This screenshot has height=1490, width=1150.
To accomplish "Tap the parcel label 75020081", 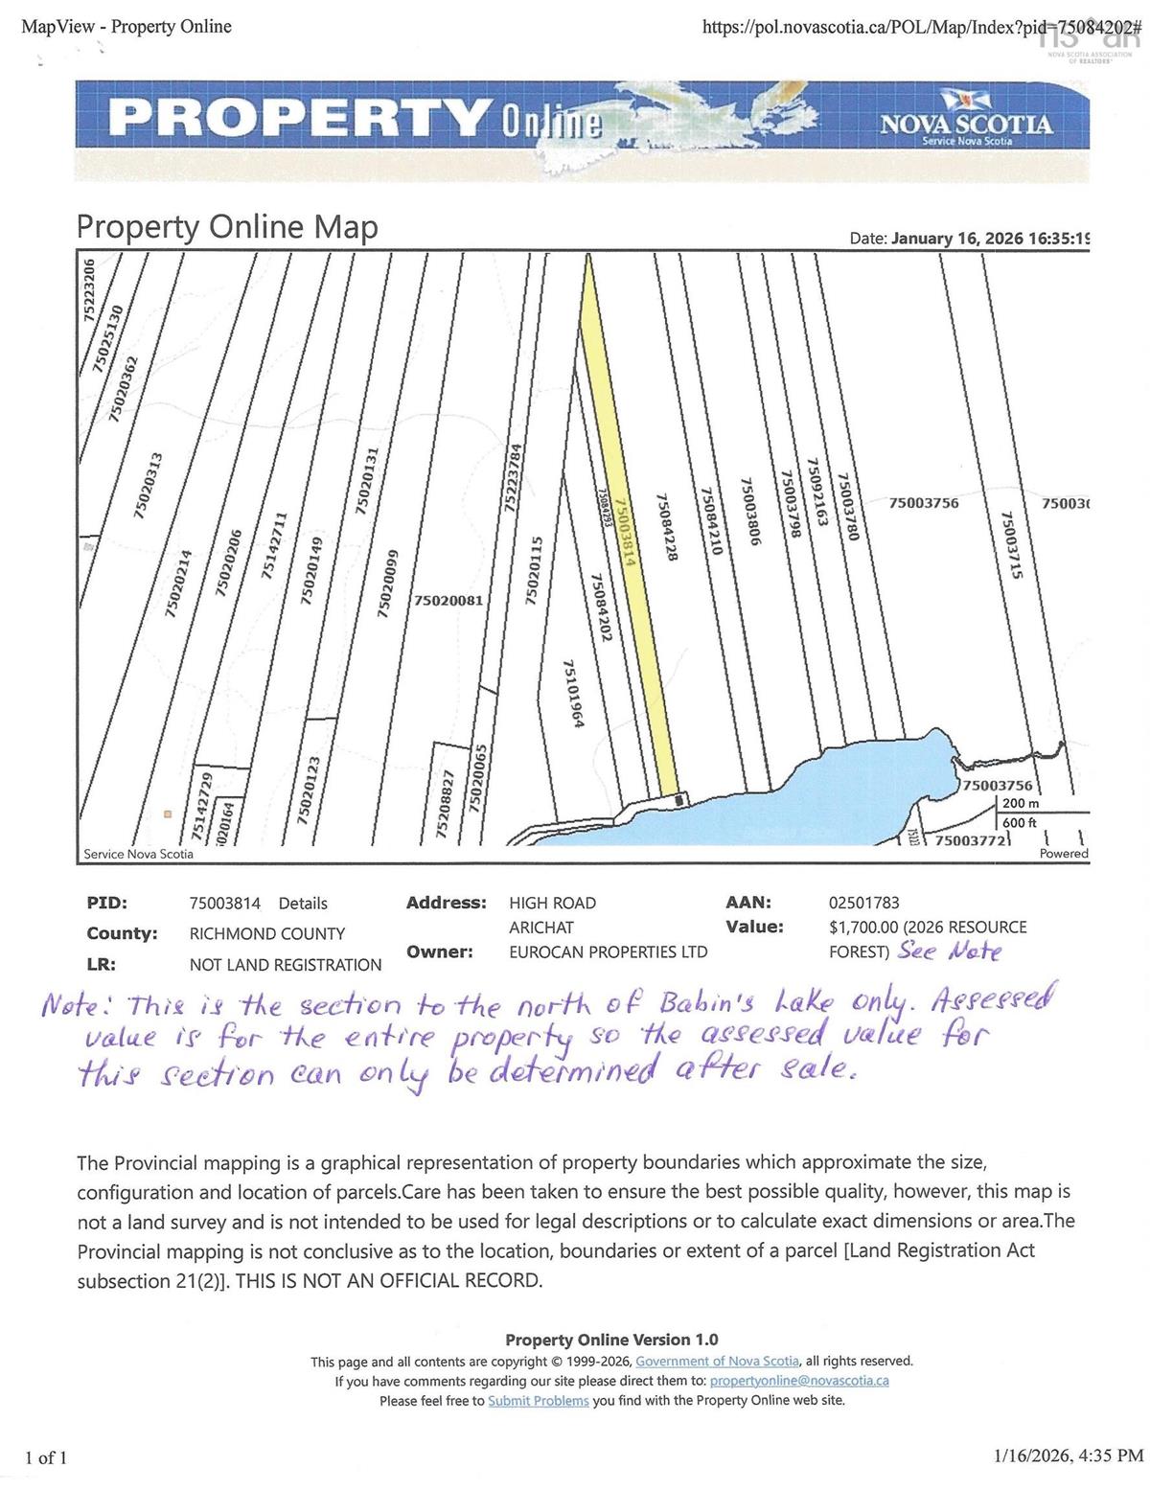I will [x=448, y=601].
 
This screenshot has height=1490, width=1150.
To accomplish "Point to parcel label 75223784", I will [x=515, y=479].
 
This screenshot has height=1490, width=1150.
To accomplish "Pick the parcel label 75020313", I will [x=149, y=486].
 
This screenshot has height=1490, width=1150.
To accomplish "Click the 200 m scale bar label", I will [x=1020, y=804].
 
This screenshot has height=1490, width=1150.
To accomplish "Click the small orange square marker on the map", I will [x=167, y=814].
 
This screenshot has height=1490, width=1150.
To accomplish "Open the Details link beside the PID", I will [x=303, y=904].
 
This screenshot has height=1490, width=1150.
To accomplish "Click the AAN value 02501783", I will [x=863, y=903].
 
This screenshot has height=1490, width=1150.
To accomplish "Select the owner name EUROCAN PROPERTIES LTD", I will [x=608, y=952].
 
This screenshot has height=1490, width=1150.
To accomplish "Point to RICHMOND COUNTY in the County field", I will [x=266, y=934].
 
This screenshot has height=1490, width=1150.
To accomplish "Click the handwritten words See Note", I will [x=950, y=952].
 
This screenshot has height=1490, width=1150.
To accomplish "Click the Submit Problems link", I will [x=538, y=1401].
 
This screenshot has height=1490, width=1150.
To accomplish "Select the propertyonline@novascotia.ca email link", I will [x=799, y=1381].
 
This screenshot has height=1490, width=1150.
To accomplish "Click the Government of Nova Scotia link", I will [x=717, y=1362].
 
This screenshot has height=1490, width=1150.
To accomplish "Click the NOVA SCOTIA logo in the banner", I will [x=965, y=124].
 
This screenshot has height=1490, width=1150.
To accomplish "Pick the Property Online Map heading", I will [x=227, y=227].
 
